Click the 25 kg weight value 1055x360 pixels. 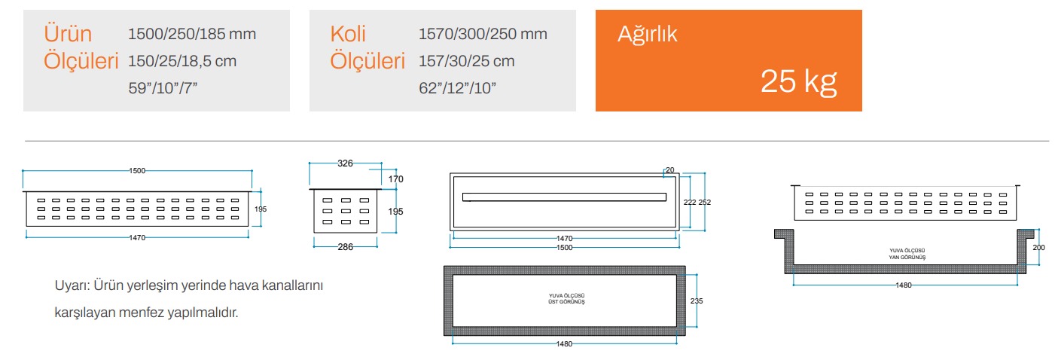(x=798, y=81)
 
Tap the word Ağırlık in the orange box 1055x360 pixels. (x=647, y=35)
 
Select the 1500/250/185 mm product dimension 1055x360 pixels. (x=192, y=34)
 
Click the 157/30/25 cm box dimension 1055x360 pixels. (x=466, y=61)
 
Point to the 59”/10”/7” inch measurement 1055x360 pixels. (x=163, y=88)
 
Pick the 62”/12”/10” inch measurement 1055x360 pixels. (x=457, y=88)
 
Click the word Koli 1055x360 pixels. (x=348, y=34)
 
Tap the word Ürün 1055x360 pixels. (x=68, y=34)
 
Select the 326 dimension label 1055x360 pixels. (x=345, y=163)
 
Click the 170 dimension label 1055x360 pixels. (x=395, y=179)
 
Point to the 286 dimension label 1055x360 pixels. (x=345, y=247)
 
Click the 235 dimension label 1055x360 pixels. (x=697, y=301)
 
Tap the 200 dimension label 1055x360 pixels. (x=1039, y=247)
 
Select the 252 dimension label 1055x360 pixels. (x=705, y=202)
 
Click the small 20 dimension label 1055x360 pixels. (x=669, y=169)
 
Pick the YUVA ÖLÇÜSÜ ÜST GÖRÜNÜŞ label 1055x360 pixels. (x=566, y=299)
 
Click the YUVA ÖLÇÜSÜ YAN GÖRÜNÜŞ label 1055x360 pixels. (x=907, y=254)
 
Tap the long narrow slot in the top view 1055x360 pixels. (x=564, y=197)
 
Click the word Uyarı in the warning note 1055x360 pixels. (x=72, y=285)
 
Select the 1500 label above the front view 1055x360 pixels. (x=137, y=170)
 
